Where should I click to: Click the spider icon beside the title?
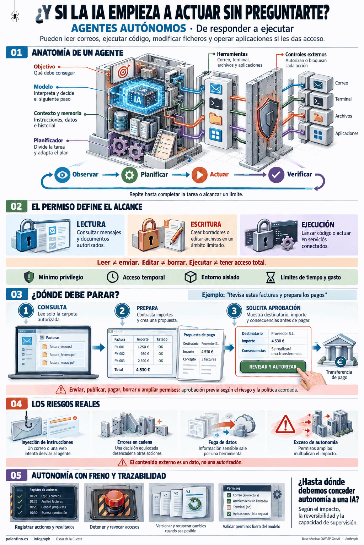coord(15,17)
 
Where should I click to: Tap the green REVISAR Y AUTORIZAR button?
coord(273,367)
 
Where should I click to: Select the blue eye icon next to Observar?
coord(62,175)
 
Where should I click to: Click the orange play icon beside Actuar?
coord(199,175)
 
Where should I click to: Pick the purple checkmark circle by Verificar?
coord(276,175)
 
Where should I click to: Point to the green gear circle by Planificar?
coord(129,175)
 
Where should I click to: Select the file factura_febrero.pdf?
coord(63,354)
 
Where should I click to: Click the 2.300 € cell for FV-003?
coord(143,360)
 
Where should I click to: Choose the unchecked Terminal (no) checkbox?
coord(229,507)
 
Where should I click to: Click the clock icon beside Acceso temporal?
coord(113,277)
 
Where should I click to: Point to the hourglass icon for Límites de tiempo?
coord(271,277)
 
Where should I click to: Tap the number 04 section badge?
coord(17,404)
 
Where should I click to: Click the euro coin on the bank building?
coord(340,362)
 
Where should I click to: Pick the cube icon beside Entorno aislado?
coord(191,277)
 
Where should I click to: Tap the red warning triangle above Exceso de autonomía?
coord(285,425)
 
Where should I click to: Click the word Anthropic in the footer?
coord(352,539)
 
